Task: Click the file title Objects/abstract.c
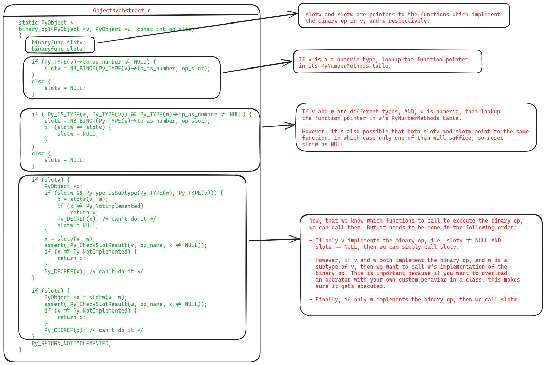coord(122,11)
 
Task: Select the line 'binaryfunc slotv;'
coord(59,42)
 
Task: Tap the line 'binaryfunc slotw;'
coord(59,49)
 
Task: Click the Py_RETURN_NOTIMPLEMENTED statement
coord(71,343)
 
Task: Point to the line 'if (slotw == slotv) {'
coord(78,127)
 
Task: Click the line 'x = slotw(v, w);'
coord(82,199)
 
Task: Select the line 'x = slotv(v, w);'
coord(70,239)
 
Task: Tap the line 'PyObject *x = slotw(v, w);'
coord(85,297)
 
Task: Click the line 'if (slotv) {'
coord(51,180)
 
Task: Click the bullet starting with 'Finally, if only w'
coord(415,299)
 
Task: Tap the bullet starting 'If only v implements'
coord(405,244)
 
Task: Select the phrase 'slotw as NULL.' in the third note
coord(324,144)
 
